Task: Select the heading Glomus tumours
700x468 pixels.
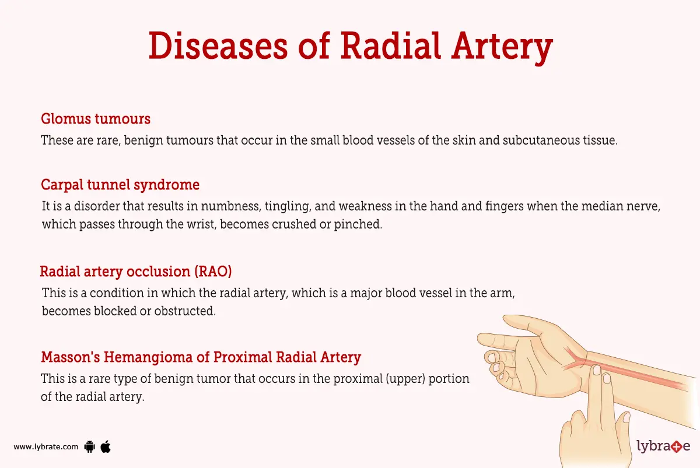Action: point(96,119)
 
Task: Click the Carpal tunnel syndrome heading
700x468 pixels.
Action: point(120,185)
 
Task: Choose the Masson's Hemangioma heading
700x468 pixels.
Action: point(201,357)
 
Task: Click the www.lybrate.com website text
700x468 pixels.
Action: point(46,447)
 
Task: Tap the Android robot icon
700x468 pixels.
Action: point(89,447)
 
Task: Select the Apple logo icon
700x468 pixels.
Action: point(106,446)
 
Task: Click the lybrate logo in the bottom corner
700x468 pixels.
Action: point(663,447)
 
